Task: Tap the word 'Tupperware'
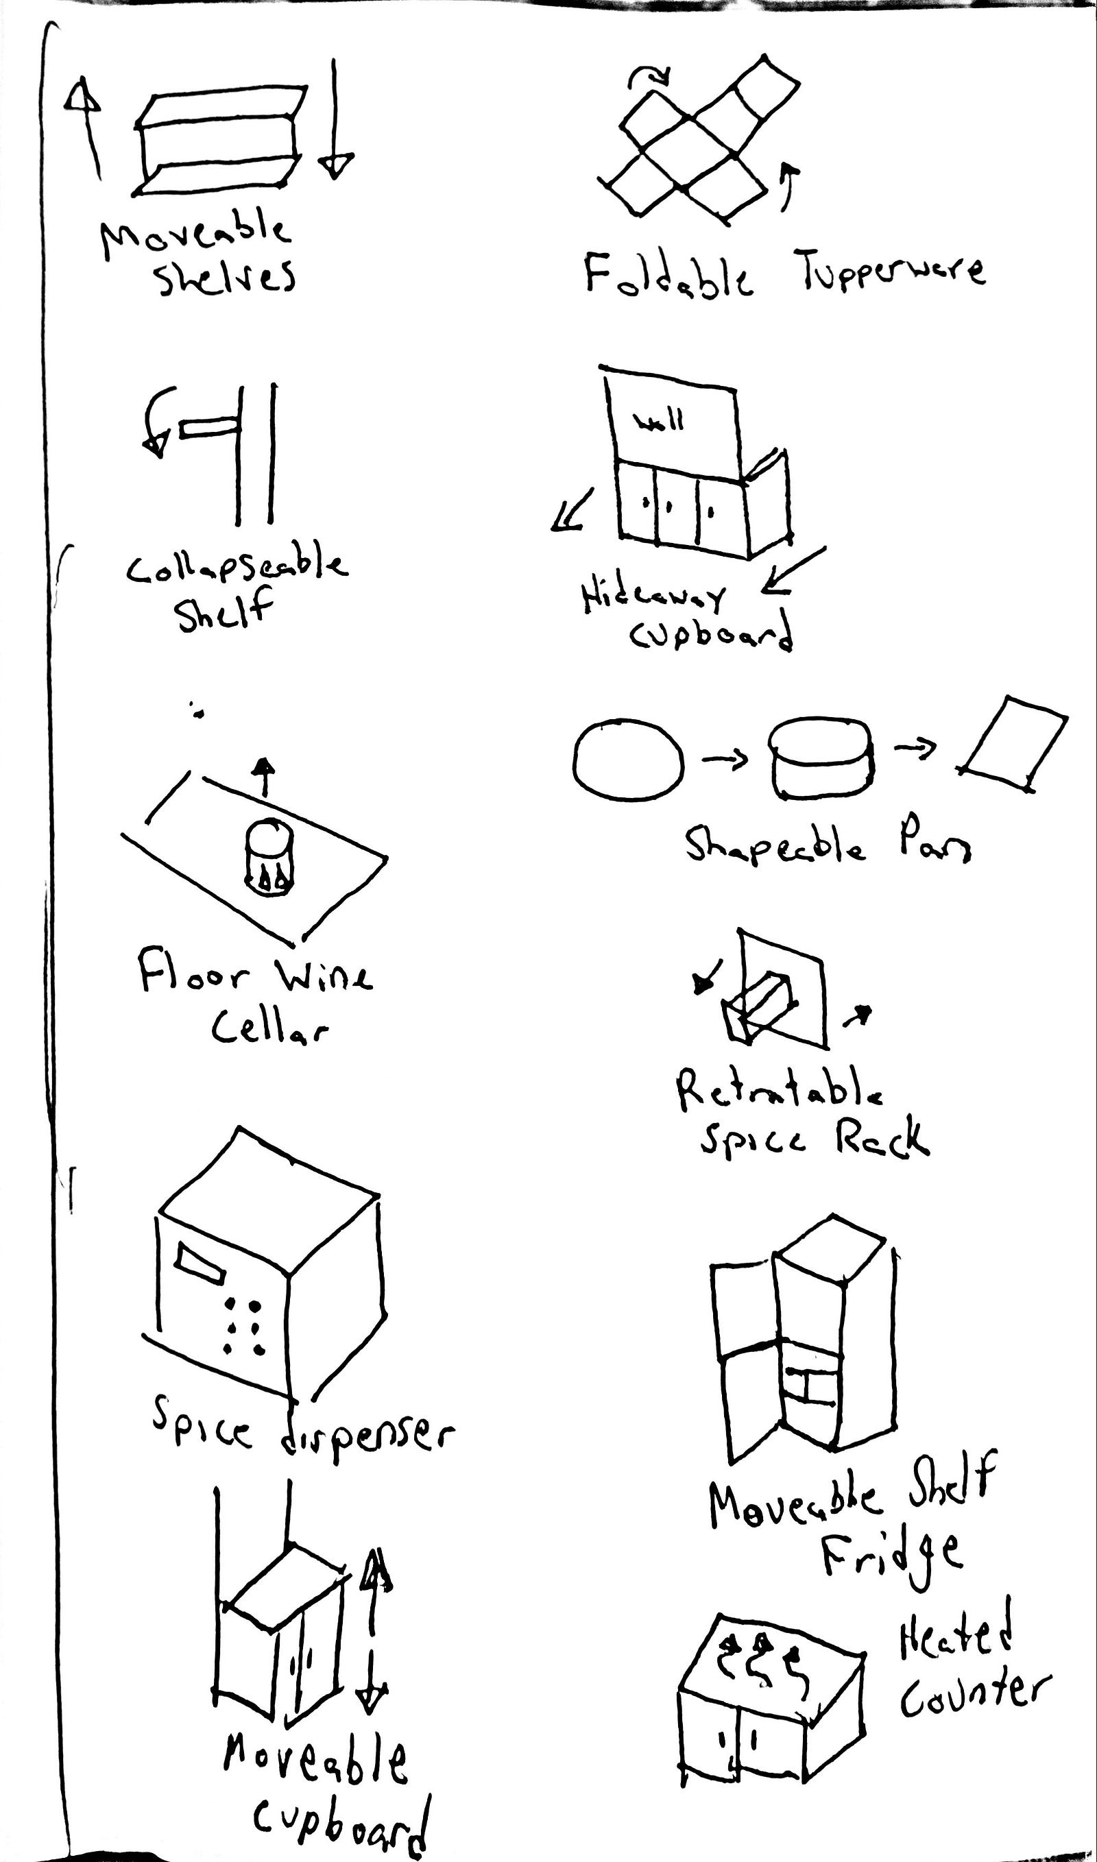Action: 889,270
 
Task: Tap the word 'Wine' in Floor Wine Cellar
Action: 324,977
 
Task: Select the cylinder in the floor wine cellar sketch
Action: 270,858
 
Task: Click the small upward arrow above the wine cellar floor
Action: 263,776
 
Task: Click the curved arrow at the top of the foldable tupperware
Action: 650,76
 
